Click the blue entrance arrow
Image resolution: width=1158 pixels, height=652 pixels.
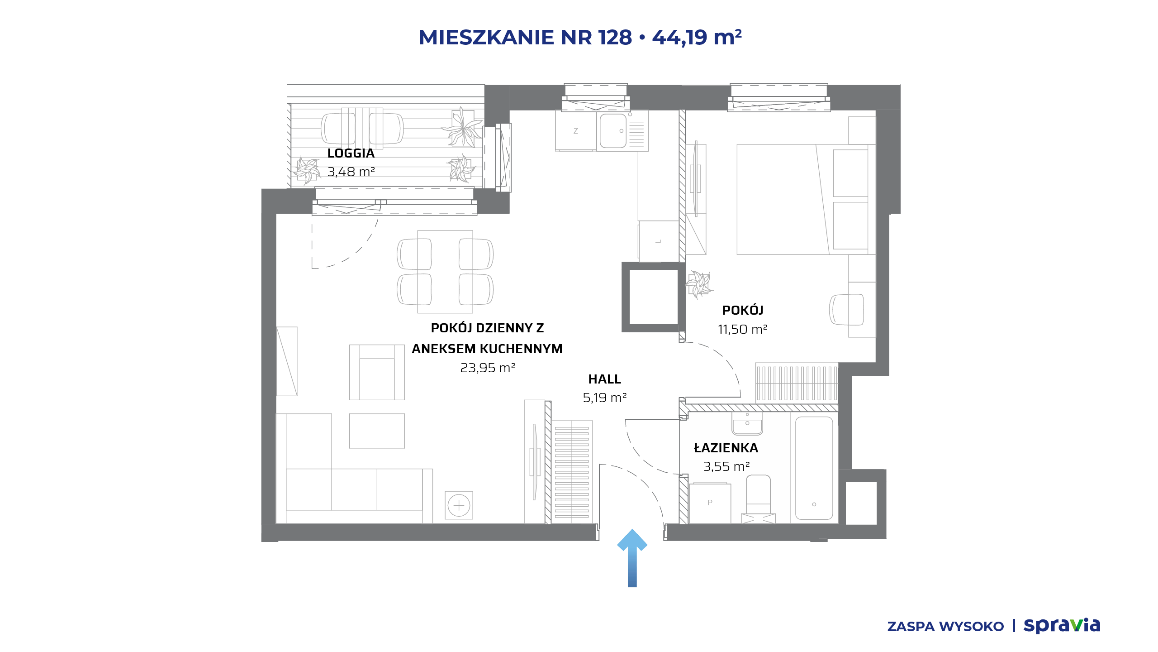[x=632, y=558]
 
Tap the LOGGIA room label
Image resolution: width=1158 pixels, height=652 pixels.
[x=351, y=153]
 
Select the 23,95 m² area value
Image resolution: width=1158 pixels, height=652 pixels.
[x=488, y=368]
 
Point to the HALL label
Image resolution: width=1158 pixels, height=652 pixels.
[x=604, y=379]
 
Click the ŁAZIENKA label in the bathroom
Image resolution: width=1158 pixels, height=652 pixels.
[x=726, y=448]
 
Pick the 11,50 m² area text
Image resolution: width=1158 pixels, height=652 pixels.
[x=742, y=329]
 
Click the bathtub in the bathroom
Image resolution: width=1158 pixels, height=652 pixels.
[x=814, y=468]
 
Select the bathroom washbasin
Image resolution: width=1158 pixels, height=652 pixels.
[x=747, y=424]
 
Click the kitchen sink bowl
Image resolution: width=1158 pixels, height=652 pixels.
[x=613, y=131]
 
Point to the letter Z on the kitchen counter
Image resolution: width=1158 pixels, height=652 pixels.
[x=575, y=131]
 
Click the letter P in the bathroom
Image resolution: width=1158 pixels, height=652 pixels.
[x=710, y=503]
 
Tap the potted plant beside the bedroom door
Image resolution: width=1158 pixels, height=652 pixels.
[x=699, y=284]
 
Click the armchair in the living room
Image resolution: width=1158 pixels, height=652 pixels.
[x=377, y=372]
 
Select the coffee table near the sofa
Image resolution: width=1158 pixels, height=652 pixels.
[x=377, y=431]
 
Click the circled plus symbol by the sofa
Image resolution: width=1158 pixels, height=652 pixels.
[x=459, y=505]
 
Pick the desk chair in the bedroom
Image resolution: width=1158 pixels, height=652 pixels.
[x=846, y=310]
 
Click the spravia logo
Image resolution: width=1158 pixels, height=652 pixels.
[x=1062, y=625]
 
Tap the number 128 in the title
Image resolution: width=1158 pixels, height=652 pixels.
[x=615, y=37]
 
